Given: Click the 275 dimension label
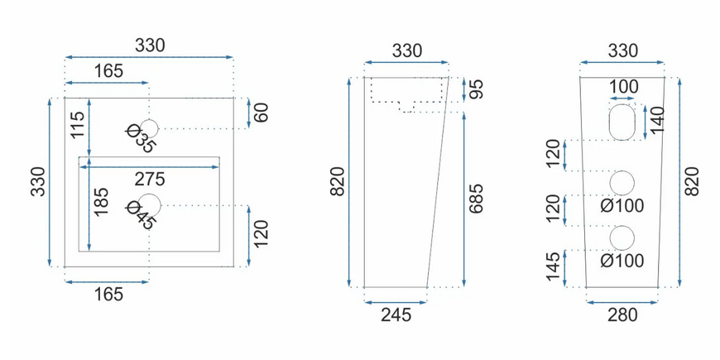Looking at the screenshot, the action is click(150, 179).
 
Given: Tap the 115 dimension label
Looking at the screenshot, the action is click(78, 125).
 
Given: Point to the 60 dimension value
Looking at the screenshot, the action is click(261, 113).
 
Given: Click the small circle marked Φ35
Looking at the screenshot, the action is click(149, 128).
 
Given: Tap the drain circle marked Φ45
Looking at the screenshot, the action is click(149, 205).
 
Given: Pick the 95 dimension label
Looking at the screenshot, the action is click(477, 90).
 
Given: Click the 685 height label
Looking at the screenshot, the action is click(477, 199).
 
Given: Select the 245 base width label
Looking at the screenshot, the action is click(396, 315).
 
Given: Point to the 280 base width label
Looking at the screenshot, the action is click(622, 315).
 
